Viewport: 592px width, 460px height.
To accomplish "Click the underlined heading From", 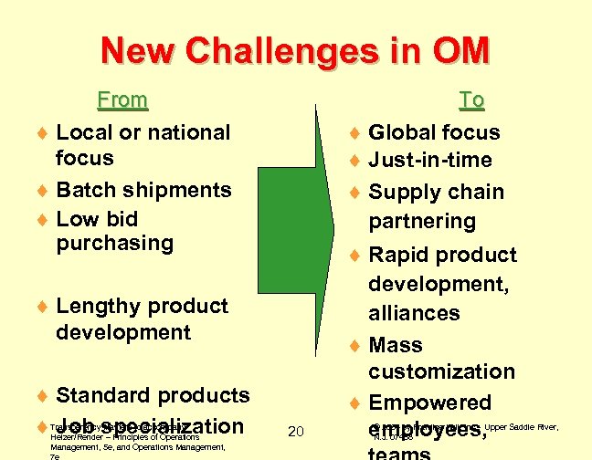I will pos(122,99).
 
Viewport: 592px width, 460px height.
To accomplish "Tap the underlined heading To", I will pos(471,99).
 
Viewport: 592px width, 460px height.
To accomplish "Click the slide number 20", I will pos(296,431).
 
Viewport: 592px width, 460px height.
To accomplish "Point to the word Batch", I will pos(86,190).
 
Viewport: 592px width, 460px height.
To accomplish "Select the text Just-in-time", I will pos(429,161).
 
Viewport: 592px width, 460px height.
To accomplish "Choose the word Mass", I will pos(396,345).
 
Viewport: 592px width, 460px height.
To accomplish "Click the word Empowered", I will pos(430,402).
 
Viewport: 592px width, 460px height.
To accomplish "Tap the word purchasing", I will pos(114,243).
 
